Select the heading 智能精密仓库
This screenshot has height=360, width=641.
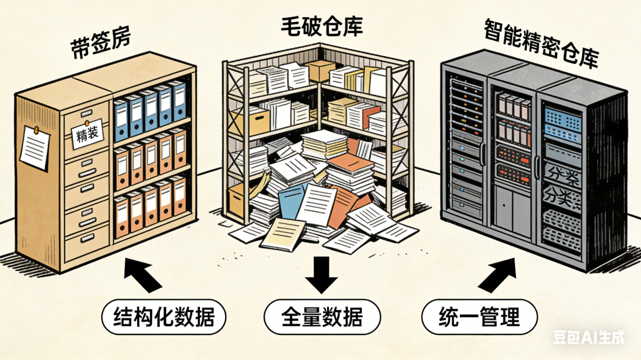tap(540, 42)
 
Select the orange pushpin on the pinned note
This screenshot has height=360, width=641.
tap(36, 129)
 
